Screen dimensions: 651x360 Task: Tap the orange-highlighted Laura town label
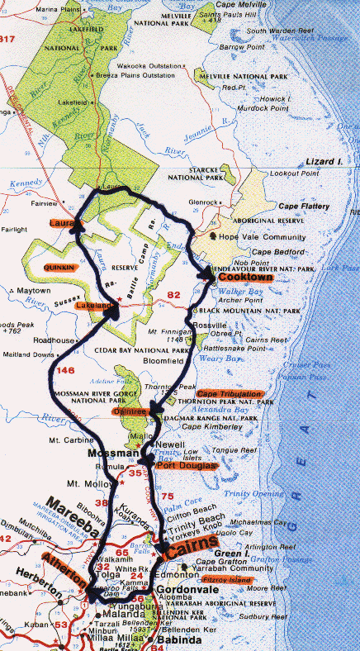coord(62,223)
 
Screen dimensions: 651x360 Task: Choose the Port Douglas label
coord(186,466)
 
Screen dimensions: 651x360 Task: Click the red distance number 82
coord(173,295)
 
